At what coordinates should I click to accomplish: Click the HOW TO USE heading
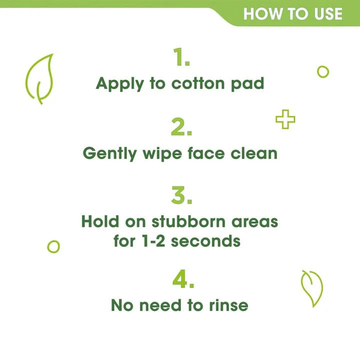click(292, 13)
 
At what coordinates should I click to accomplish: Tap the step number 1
click(181, 58)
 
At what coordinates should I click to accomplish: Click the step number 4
click(183, 281)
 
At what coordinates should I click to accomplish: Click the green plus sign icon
click(285, 120)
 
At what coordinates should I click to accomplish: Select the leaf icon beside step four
click(311, 288)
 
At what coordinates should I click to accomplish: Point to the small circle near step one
click(323, 72)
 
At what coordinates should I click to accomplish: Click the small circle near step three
click(53, 246)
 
